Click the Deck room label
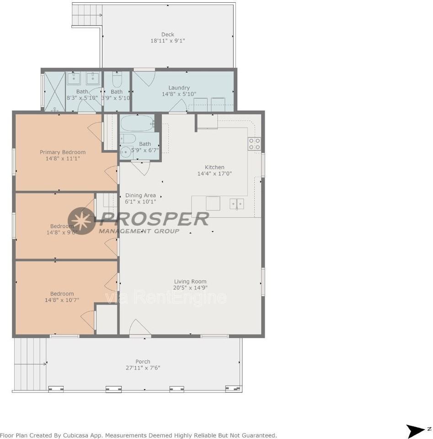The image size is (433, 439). tap(167, 34)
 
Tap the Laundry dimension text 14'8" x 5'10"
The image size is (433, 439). tap(179, 94)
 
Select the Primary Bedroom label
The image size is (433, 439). tap(63, 152)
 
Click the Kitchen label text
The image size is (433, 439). tap(214, 167)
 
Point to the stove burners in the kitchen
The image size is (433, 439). tap(254, 144)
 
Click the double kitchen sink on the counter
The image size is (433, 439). tap(237, 203)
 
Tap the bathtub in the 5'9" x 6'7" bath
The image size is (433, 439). tap(136, 123)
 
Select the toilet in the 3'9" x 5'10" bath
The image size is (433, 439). tap(117, 81)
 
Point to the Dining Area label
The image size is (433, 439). tap(140, 195)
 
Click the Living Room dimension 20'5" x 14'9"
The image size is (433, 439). tap(190, 288)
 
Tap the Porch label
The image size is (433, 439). tap(143, 361)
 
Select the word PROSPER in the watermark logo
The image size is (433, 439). tap(154, 219)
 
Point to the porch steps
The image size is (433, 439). tap(30, 364)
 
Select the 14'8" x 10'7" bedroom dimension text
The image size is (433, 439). tap(62, 300)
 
